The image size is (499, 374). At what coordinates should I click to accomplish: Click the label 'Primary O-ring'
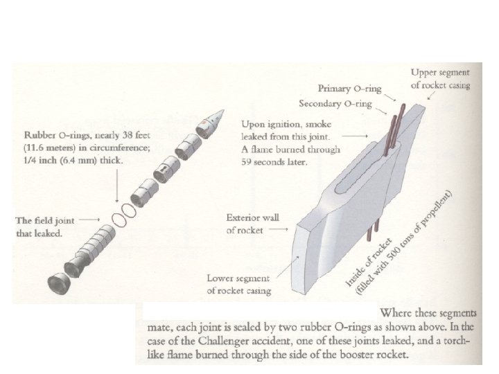(x=347, y=89)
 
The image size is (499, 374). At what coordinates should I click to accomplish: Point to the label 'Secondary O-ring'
(x=335, y=105)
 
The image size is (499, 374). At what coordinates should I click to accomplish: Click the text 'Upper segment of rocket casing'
(x=440, y=79)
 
